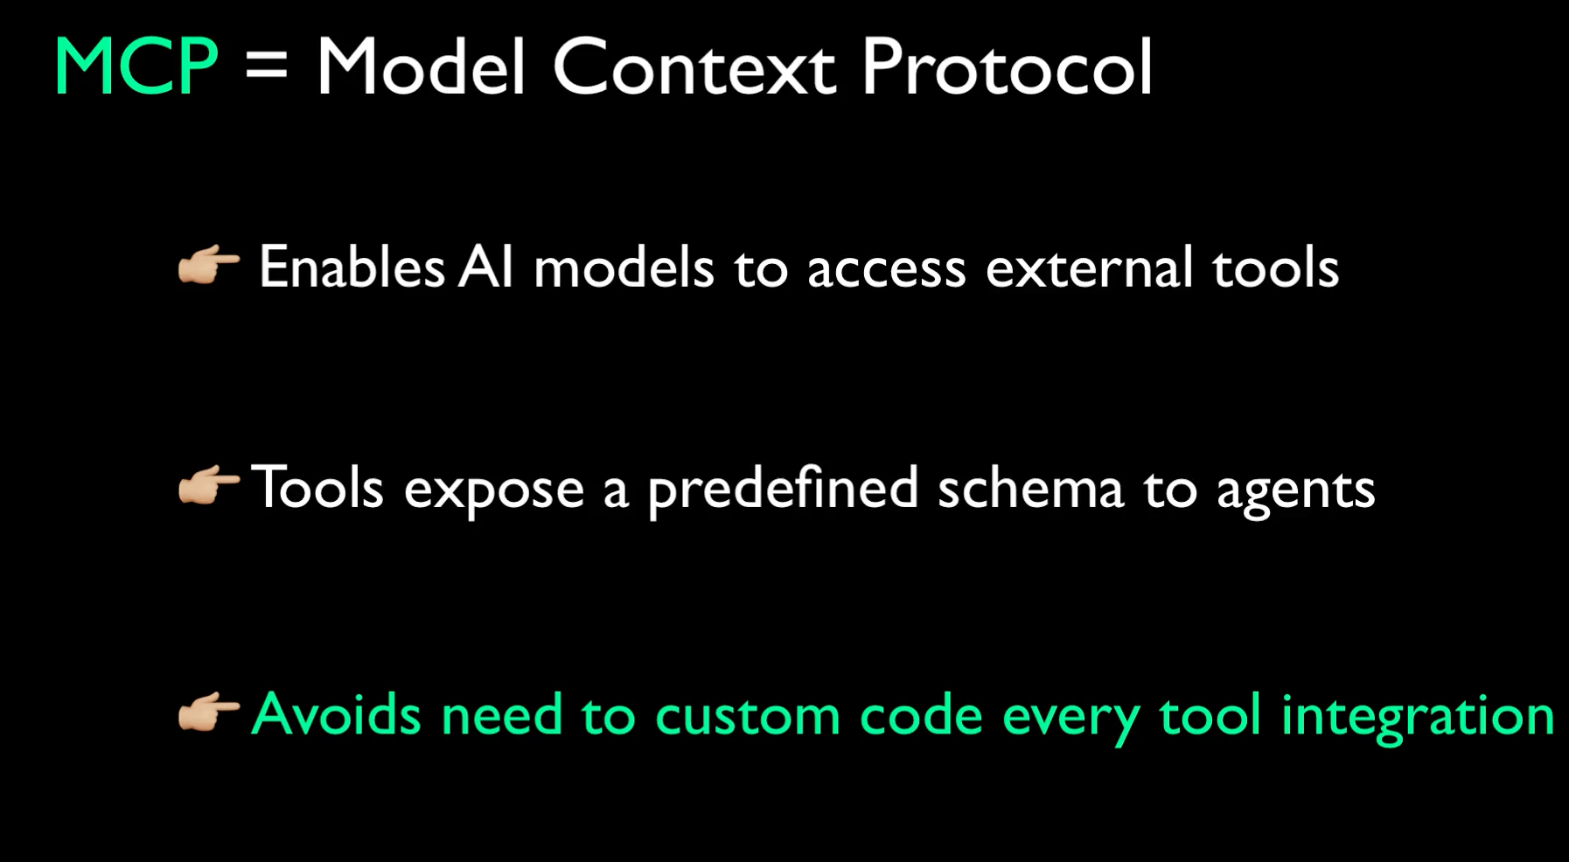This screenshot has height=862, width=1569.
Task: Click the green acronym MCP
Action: (x=136, y=67)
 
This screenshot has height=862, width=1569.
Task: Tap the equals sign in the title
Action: (x=267, y=67)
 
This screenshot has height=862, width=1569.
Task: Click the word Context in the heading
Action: (x=694, y=67)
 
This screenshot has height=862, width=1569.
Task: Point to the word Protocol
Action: (x=1007, y=67)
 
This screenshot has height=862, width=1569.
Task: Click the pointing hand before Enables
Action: (x=208, y=266)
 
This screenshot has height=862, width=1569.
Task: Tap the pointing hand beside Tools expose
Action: (x=208, y=486)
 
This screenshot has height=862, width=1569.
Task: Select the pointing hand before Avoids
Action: (x=208, y=713)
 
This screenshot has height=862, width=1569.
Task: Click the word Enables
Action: (x=352, y=267)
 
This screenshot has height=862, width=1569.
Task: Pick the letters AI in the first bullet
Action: (x=485, y=267)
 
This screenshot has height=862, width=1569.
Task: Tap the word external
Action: (x=1089, y=267)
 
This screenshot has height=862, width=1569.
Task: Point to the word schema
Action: (x=1030, y=488)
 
